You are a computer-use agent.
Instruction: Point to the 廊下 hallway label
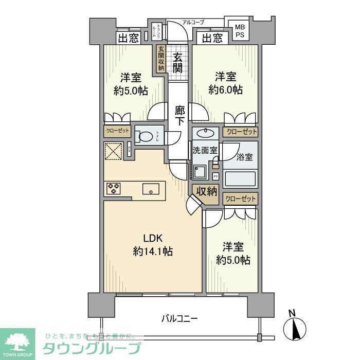click(179, 116)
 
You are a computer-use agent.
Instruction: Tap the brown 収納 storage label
click(206, 191)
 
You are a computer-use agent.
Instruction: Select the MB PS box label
click(240, 31)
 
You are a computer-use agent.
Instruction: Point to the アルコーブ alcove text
click(193, 22)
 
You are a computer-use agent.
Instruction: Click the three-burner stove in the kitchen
click(114, 189)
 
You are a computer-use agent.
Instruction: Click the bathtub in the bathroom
click(241, 179)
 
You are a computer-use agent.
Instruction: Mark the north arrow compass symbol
click(294, 326)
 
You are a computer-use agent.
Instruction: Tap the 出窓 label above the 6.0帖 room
click(212, 38)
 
